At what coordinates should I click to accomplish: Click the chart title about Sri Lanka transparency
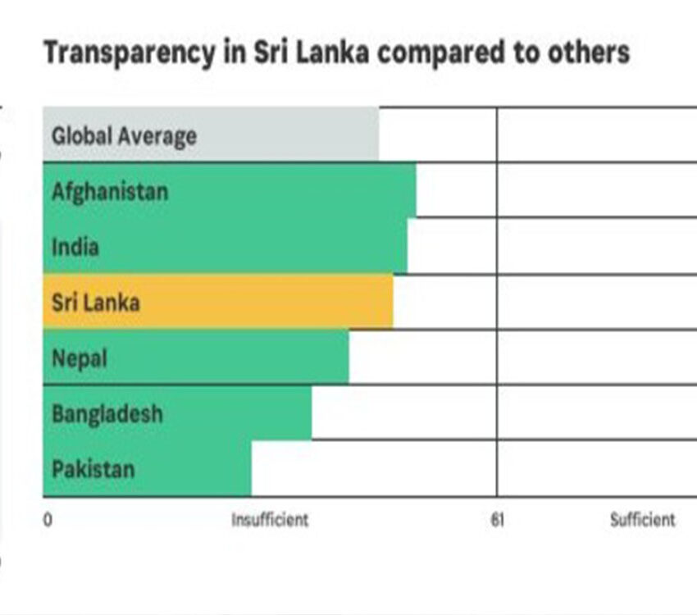[x=336, y=52]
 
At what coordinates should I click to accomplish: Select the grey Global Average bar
[x=287, y=134]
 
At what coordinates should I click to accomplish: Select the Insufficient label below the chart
[x=270, y=520]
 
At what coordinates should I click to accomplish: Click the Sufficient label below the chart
[x=643, y=520]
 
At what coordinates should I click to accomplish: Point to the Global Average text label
[x=124, y=135]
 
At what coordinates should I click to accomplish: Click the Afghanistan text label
[x=110, y=191]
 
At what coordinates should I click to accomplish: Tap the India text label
[x=75, y=246]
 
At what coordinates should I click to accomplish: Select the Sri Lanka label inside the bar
[x=96, y=302]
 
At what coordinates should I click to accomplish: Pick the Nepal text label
[x=80, y=358]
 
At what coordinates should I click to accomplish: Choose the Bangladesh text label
[x=107, y=412]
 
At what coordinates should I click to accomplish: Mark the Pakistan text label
[x=93, y=470]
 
